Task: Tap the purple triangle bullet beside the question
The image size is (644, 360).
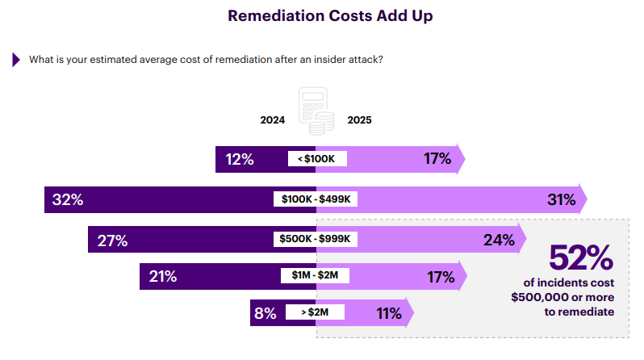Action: (15, 60)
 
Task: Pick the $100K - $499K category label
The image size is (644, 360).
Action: (316, 199)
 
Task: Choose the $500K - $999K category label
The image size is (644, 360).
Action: (316, 240)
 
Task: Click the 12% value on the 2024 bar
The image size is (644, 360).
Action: (240, 159)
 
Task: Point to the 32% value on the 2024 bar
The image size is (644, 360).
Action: (68, 199)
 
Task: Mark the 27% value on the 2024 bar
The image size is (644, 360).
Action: (111, 240)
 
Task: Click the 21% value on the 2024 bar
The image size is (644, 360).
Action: (163, 276)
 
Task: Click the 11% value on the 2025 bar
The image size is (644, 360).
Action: (389, 313)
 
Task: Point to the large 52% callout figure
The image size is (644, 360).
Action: (580, 258)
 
